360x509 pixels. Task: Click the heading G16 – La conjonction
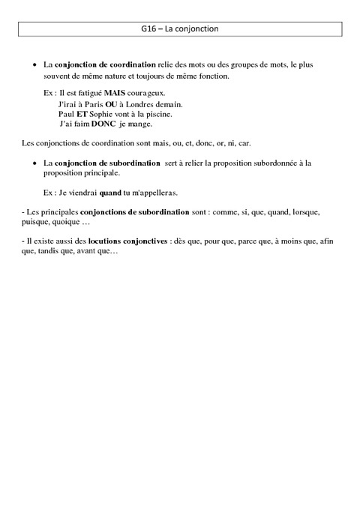click(179, 29)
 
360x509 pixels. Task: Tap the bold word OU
click(110, 103)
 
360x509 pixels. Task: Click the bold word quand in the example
click(109, 193)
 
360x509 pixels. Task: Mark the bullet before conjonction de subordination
click(34, 162)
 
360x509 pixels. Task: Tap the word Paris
click(88, 103)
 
